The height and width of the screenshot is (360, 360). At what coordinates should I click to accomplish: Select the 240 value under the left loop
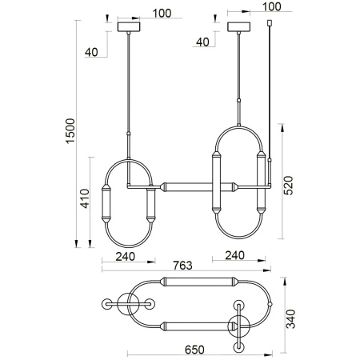click(124, 258)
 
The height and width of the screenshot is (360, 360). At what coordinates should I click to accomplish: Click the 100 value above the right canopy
click(272, 6)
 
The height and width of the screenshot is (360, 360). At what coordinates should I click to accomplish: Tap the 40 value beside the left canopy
click(92, 53)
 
